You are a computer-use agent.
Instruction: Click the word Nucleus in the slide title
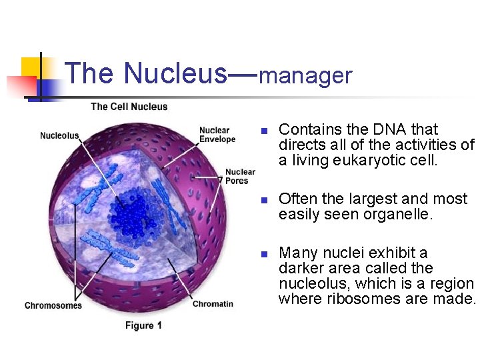tap(175, 73)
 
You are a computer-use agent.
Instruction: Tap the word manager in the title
tap(305, 76)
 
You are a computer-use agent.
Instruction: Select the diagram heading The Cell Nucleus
tap(129, 107)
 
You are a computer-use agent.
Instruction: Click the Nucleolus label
tap(59, 136)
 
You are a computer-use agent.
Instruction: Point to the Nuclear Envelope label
tap(217, 135)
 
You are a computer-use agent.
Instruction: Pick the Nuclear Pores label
tap(239, 177)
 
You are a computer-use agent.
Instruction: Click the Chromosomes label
tap(53, 306)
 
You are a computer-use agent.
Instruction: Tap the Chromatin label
tap(213, 304)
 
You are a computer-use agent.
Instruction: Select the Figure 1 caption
tap(143, 325)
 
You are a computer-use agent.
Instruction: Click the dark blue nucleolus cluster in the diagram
tap(137, 213)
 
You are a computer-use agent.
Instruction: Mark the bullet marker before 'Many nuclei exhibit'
tap(264, 254)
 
